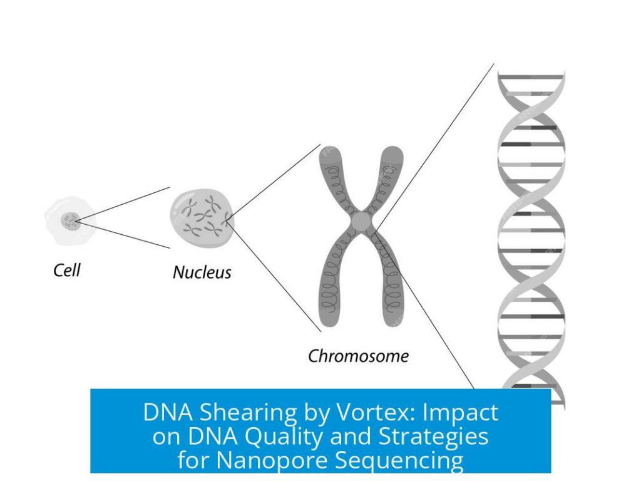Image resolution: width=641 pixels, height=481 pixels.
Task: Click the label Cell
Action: pos(66,271)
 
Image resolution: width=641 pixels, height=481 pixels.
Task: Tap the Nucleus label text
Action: pos(202,272)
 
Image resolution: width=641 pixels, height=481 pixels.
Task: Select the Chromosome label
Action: pos(358,356)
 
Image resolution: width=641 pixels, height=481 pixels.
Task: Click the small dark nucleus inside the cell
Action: pos(69,220)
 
